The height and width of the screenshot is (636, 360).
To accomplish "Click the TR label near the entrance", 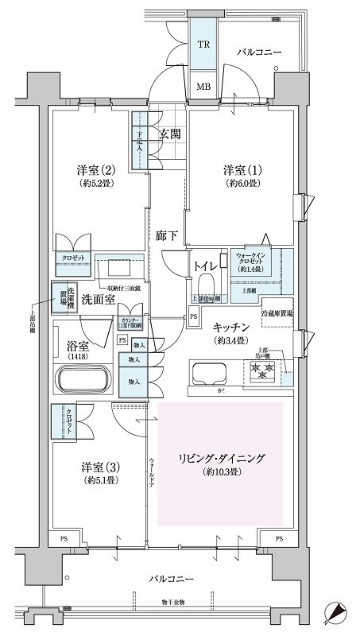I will pyautogui.click(x=204, y=46).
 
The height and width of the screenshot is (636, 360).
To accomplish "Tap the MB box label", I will pyautogui.click(x=204, y=87).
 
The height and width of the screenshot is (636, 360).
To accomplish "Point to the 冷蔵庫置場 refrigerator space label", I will pyautogui.click(x=278, y=315).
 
